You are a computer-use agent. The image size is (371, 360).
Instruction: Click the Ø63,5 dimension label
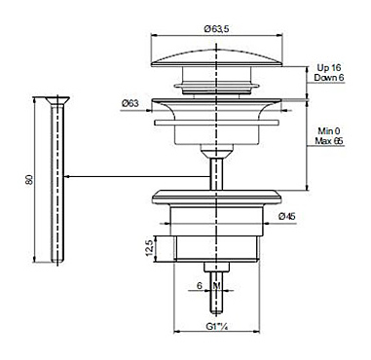pos(216,29)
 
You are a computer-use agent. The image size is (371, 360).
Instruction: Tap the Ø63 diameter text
pos(130,103)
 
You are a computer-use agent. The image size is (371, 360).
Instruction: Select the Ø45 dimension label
pos(287,216)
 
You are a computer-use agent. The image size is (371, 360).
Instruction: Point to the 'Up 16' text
pos(329,68)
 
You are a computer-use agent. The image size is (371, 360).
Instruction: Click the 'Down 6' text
pos(329,78)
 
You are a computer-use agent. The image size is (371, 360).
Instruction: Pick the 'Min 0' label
pos(329,131)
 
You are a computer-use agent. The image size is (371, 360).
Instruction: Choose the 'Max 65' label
pos(329,141)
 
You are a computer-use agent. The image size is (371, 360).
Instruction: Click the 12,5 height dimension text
pos(149,248)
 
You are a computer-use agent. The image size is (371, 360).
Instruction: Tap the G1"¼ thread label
pos(216,327)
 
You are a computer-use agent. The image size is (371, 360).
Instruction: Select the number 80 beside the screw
pos(29,179)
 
